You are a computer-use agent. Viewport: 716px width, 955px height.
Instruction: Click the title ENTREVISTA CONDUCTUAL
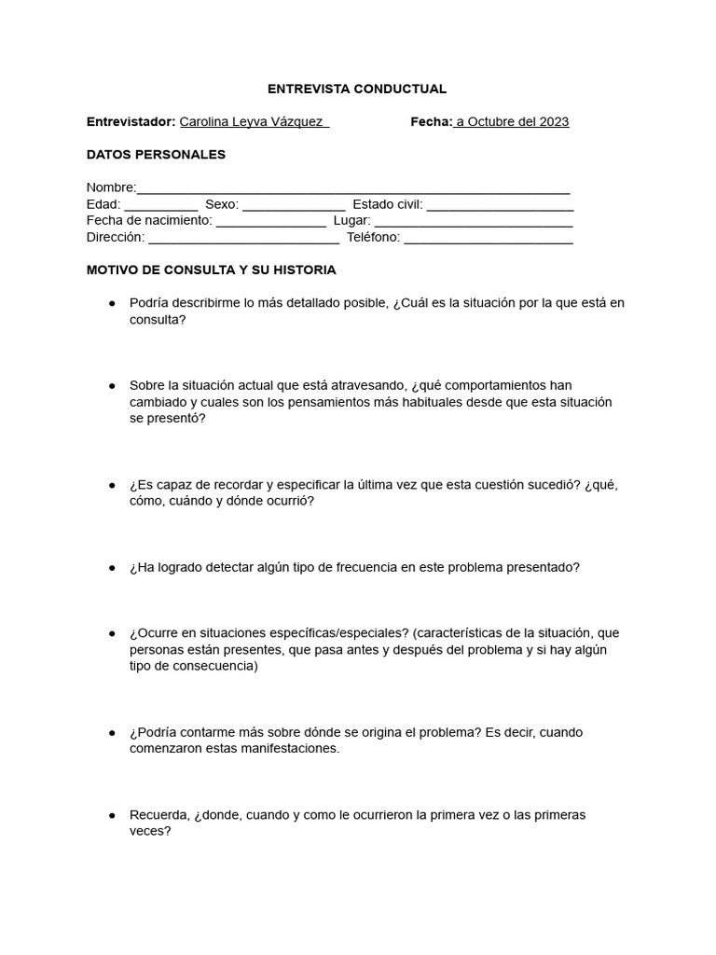point(357,89)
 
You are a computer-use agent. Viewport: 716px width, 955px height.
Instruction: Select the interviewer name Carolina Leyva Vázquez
point(251,122)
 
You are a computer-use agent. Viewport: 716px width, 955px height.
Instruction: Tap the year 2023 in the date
point(551,122)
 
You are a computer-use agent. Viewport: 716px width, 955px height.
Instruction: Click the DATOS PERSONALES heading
point(156,154)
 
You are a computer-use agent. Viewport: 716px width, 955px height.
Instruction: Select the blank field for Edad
point(160,206)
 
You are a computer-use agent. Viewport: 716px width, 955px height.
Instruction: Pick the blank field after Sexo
point(294,206)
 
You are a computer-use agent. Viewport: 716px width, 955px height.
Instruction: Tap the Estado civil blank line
point(500,206)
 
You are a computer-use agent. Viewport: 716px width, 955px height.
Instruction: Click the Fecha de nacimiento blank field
point(270,223)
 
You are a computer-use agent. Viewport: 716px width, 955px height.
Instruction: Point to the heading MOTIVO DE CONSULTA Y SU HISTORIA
point(211,270)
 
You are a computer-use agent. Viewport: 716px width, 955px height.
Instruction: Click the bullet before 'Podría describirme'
point(112,303)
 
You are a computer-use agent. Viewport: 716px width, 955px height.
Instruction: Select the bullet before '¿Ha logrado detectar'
point(112,567)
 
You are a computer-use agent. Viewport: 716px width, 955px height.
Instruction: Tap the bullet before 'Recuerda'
point(112,814)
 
